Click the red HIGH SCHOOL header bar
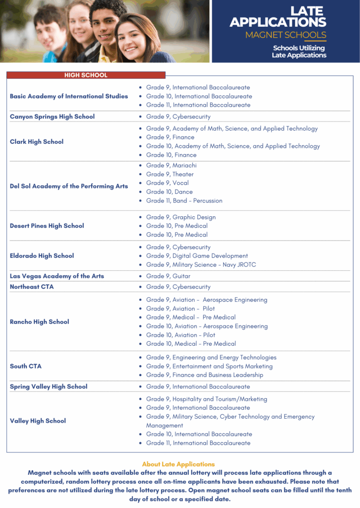click(86, 75)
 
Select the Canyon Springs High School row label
click(52, 117)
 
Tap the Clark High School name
click(37, 142)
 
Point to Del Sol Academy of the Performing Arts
click(69, 187)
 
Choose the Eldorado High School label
click(42, 256)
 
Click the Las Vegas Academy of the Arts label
click(57, 276)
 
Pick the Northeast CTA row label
click(32, 287)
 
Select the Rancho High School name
click(40, 322)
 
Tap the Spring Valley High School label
click(49, 386)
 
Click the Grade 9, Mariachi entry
click(171, 166)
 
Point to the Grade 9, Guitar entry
click(168, 276)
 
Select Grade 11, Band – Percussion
click(184, 201)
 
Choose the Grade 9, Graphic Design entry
click(180, 217)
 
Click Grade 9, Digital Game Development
click(197, 256)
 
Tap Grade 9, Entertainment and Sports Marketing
click(209, 367)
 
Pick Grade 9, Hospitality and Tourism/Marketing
click(206, 399)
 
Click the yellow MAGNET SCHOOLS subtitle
click(286, 35)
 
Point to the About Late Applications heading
click(179, 464)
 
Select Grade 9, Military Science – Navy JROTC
click(201, 265)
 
